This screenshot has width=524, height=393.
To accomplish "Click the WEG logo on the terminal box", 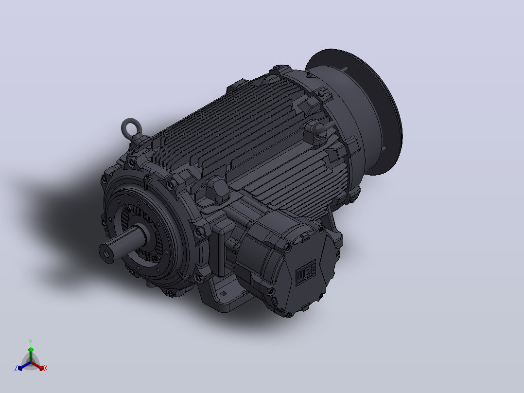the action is [306, 272].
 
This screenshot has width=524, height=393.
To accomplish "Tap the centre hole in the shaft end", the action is [106, 253].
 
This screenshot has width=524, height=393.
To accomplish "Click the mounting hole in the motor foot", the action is [223, 294].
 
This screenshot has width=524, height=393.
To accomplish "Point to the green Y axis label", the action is [31, 342].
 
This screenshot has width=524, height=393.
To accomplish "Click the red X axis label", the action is [46, 368].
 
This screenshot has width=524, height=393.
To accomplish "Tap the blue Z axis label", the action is [16, 368].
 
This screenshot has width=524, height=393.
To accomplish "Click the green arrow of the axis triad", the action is [31, 355].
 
